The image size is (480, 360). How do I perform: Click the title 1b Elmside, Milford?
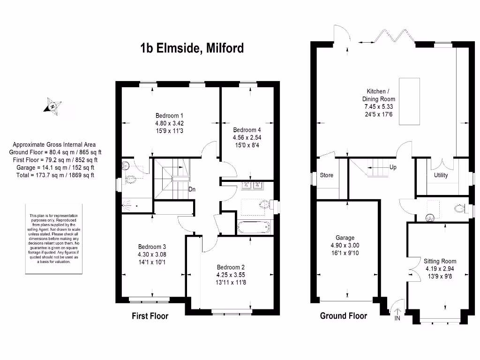pyautogui.click(x=192, y=48)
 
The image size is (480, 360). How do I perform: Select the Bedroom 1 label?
pyautogui.click(x=169, y=116)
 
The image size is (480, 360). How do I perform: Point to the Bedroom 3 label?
pyautogui.click(x=152, y=247)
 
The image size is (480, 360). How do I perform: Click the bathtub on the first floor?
pyautogui.click(x=255, y=228)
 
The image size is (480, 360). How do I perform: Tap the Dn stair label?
pyautogui.click(x=192, y=190)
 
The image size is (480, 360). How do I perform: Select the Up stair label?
pyautogui.click(x=393, y=167)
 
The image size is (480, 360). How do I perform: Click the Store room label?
pyautogui.click(x=327, y=175)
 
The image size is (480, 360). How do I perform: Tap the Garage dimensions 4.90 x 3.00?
pyautogui.click(x=345, y=246)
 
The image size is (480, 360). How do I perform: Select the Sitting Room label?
pyautogui.click(x=440, y=261)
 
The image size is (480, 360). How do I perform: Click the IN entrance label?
pyautogui.click(x=397, y=319)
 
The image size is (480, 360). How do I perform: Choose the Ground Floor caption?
pyautogui.click(x=344, y=316)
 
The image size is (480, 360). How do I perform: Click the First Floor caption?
pyautogui.click(x=150, y=316)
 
